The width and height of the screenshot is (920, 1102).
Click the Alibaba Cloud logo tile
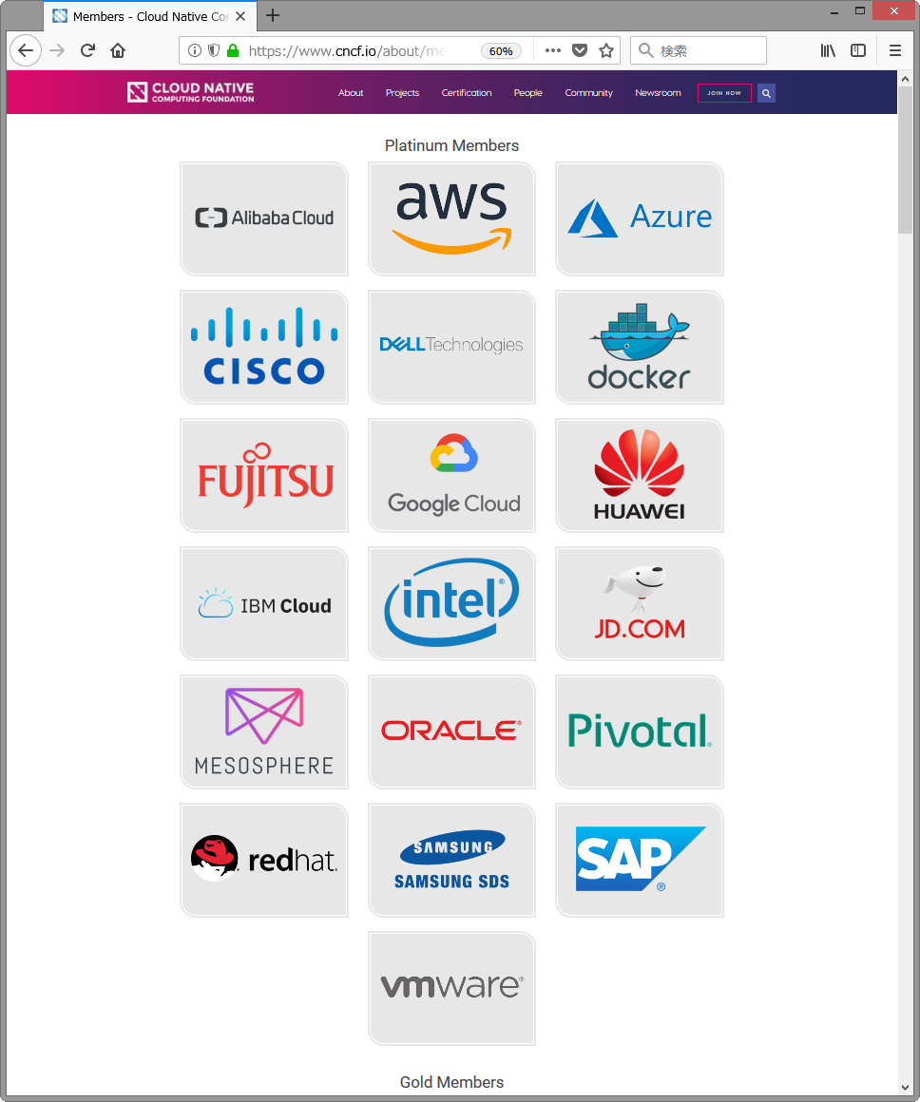coord(264,218)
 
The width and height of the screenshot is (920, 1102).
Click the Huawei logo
coord(639,475)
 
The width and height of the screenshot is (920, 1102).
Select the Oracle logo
coord(451,731)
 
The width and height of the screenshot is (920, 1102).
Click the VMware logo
coord(451,987)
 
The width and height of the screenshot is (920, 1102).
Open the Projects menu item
coord(402,93)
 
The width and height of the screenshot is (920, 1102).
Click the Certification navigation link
coord(467,93)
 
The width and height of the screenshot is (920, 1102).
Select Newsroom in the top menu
coord(658,93)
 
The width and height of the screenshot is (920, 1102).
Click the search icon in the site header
coord(766,93)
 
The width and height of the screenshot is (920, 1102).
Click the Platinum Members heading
coord(451,145)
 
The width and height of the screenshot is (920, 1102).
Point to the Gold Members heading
coord(451,1082)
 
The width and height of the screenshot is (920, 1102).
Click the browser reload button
coord(87,50)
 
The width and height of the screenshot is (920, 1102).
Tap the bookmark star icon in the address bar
coord(606,50)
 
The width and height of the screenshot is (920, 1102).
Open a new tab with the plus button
coord(273,15)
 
